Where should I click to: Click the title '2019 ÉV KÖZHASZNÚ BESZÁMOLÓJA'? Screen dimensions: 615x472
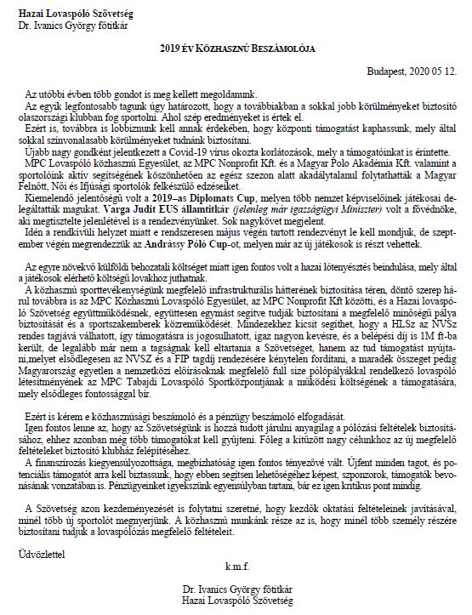click(x=236, y=49)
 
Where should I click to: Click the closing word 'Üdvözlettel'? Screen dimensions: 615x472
click(x=37, y=555)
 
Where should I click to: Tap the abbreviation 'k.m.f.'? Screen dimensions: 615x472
click(x=236, y=566)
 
